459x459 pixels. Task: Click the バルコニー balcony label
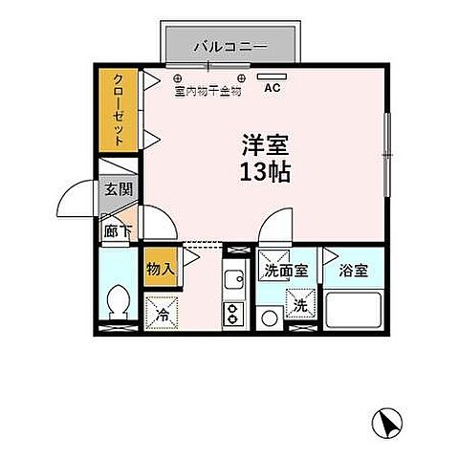click(229, 45)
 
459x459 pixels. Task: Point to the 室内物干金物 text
click(208, 93)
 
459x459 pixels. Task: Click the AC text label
click(271, 93)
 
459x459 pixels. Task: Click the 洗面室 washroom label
click(286, 272)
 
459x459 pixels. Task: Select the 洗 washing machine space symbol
click(299, 307)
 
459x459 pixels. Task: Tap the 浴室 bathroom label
click(354, 272)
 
